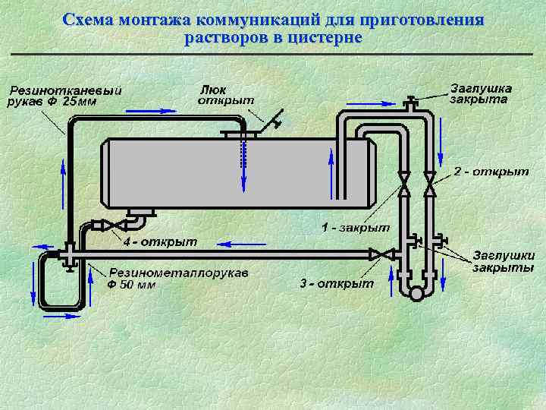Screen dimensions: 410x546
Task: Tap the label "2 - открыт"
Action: (x=491, y=172)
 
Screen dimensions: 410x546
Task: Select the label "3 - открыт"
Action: (x=337, y=283)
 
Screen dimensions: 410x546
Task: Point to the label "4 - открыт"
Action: (x=159, y=241)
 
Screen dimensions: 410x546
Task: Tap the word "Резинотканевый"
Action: (x=65, y=90)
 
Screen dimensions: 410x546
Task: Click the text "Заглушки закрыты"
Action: (x=504, y=261)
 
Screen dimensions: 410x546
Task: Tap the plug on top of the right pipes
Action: (x=410, y=102)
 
